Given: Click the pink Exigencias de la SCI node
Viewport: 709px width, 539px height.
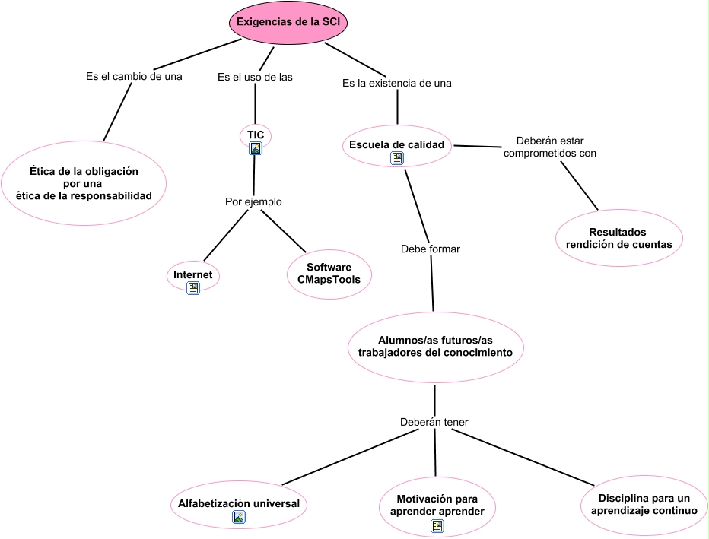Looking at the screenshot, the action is tap(288, 22).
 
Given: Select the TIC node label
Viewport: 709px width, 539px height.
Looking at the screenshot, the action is tap(256, 135).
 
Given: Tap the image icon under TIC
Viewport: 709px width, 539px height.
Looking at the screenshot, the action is tap(256, 148).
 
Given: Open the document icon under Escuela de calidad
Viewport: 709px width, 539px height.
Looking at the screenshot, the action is tap(397, 158).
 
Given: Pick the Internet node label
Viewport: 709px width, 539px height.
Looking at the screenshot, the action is tap(192, 274).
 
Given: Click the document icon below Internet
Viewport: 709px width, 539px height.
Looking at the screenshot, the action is tap(193, 288).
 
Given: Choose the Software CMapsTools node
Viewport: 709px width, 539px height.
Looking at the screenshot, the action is tap(329, 274).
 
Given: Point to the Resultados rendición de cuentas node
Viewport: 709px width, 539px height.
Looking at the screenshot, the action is tap(618, 238).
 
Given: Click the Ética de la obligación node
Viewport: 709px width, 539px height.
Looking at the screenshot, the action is tap(84, 183).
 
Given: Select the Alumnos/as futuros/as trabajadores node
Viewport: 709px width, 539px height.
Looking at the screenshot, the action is tap(435, 347).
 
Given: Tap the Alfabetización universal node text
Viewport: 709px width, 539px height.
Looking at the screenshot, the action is tap(239, 503).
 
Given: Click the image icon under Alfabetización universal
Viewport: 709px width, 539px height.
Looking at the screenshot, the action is tap(239, 517).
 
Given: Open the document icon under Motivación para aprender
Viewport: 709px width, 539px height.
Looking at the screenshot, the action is tap(437, 526).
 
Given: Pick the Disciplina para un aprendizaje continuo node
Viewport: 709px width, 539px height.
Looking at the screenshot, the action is tap(644, 505).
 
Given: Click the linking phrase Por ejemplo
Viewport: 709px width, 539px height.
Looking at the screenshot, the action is tap(253, 201).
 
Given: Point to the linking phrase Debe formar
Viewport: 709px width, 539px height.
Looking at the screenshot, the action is tap(431, 249).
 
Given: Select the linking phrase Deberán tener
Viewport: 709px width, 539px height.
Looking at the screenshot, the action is tap(434, 422).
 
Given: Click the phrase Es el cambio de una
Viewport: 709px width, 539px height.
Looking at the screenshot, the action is tap(134, 76).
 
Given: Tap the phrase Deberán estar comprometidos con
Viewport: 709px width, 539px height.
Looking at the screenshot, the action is tap(550, 147).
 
